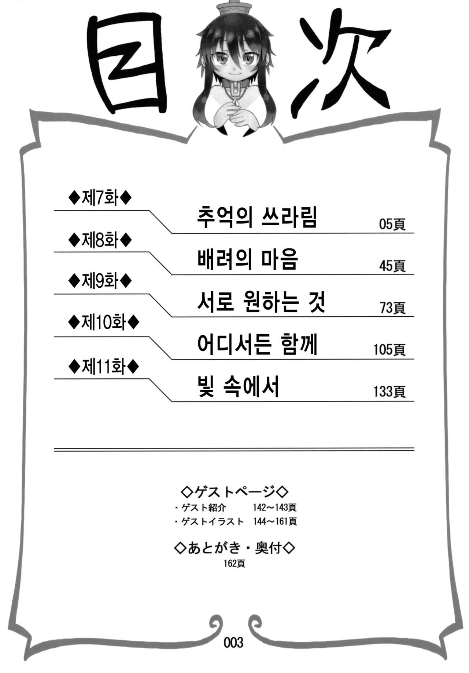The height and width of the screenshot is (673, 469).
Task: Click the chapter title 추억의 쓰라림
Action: pos(256,217)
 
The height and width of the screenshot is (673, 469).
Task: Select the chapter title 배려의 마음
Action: pos(247,259)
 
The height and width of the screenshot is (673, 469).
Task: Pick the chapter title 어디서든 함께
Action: pos(257,345)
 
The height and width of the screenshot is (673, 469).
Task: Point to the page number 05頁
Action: pos(392,224)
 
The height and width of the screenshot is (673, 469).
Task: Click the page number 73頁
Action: pos(392,308)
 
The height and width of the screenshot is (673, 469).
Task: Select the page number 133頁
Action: pos(389,392)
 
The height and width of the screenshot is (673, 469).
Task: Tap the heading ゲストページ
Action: pos(235,491)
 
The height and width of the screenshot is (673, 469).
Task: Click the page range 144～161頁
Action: pos(275,521)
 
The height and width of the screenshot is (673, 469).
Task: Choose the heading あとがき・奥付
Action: pos(235,549)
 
